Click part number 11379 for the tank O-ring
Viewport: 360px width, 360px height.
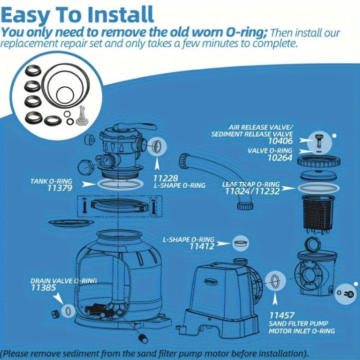tap(60, 188)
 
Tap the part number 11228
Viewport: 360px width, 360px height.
tap(166, 178)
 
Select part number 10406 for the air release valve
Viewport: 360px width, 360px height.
tap(280, 141)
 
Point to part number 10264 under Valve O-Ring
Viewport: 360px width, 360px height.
tap(280, 158)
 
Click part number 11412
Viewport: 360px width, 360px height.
tap(202, 247)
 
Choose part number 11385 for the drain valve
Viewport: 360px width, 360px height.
tap(43, 288)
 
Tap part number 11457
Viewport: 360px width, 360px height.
tap(282, 315)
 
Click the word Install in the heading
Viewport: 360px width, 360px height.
tap(121, 15)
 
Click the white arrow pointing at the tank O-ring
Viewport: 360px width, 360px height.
tap(89, 184)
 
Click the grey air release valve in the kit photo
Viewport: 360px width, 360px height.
tap(82, 116)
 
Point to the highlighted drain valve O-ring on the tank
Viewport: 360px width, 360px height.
tap(68, 311)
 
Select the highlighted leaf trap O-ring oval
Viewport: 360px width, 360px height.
tap(319, 188)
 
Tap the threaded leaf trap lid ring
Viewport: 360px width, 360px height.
tap(319, 162)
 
